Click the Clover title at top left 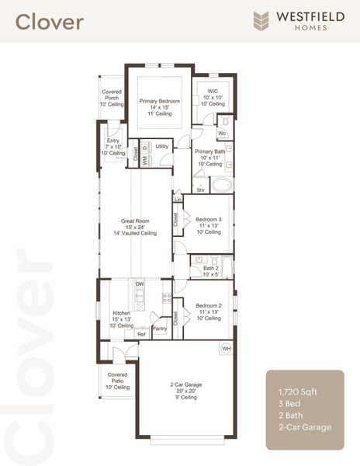coord(50,22)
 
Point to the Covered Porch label coord(111,99)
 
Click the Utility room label coord(162,146)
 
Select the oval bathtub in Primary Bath coord(222,186)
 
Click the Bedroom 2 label coord(208,311)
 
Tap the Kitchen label coord(121,318)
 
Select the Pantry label coord(160,329)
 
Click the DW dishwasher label coord(140,284)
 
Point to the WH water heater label coord(227,349)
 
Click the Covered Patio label coord(117,381)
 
